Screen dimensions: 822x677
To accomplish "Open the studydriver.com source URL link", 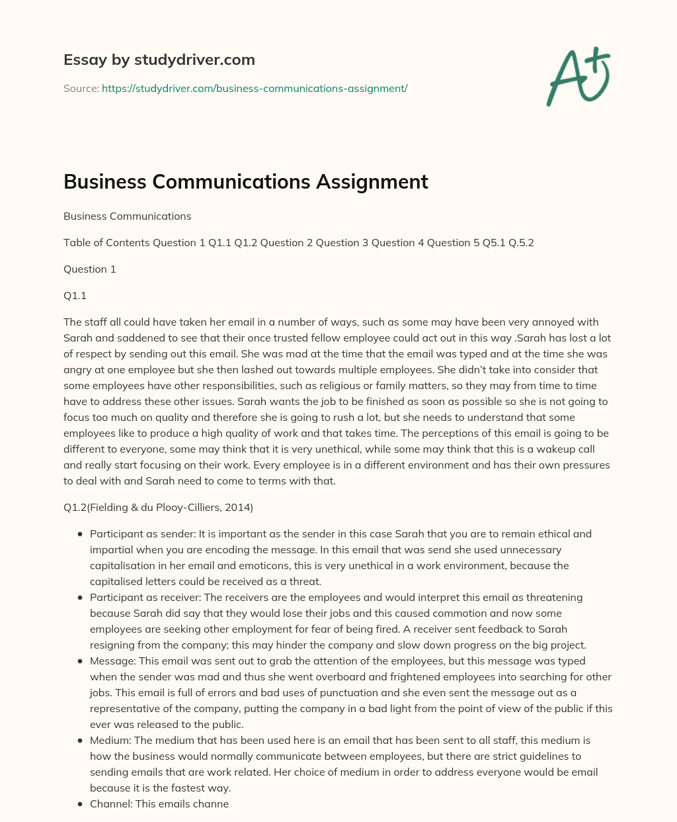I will [x=255, y=88].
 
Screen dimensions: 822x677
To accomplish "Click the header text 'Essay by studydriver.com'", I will [x=159, y=60].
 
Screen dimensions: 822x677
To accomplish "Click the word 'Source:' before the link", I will [x=81, y=88].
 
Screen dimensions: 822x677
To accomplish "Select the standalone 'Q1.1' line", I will [x=75, y=296].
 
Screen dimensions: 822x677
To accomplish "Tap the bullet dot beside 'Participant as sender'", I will [x=80, y=534].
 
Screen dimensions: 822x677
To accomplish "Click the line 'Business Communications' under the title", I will [x=128, y=216].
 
